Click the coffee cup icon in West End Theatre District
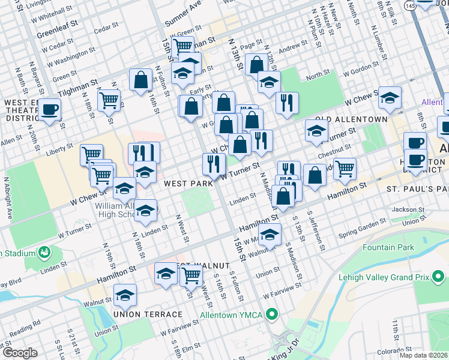click(x=50, y=110)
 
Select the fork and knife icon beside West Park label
click(x=213, y=163)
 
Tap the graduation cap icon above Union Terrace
click(x=125, y=295)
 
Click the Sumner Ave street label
click(x=182, y=13)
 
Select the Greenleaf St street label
click(x=58, y=29)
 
